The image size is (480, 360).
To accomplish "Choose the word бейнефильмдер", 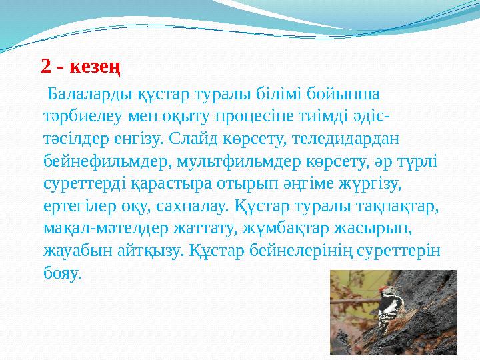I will pyautogui.click(x=95, y=160).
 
